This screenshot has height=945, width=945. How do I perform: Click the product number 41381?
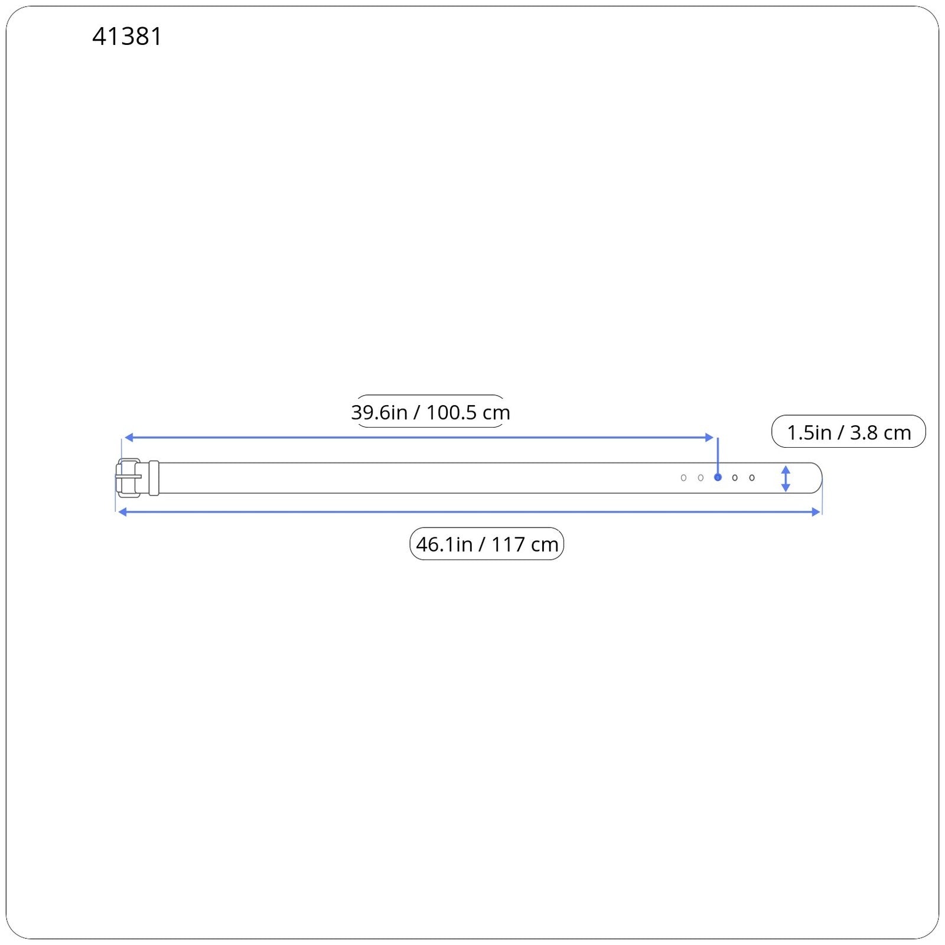[127, 37]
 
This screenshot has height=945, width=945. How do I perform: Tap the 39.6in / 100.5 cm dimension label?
[431, 412]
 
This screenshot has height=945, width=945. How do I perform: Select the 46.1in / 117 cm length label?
[487, 544]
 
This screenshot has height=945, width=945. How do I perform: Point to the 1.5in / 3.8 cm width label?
[849, 432]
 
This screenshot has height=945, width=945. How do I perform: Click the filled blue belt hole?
[718, 477]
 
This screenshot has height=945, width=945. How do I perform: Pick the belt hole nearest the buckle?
[683, 478]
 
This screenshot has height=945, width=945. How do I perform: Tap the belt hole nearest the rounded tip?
[752, 478]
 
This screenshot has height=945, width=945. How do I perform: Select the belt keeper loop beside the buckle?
[154, 478]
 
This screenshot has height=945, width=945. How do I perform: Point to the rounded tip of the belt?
[821, 478]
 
